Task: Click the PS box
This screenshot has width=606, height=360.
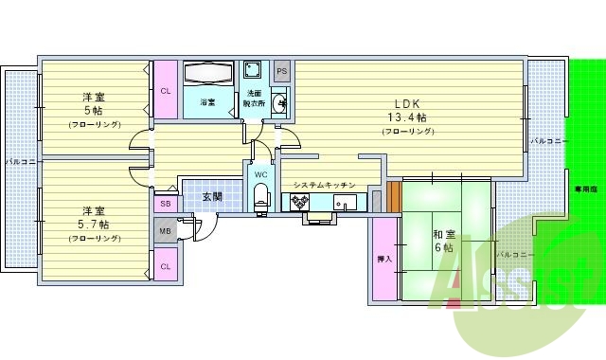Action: click(282, 72)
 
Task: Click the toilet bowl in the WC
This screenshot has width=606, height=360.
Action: click(261, 196)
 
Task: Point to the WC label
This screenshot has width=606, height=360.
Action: click(261, 174)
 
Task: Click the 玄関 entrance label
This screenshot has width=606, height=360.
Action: click(212, 197)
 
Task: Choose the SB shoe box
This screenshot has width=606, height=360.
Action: click(165, 204)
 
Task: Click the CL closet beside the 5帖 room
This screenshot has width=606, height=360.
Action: click(165, 91)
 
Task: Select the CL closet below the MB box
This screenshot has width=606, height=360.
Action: click(165, 266)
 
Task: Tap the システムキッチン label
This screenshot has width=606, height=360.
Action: click(324, 185)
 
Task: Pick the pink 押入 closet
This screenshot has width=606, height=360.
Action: click(384, 258)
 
